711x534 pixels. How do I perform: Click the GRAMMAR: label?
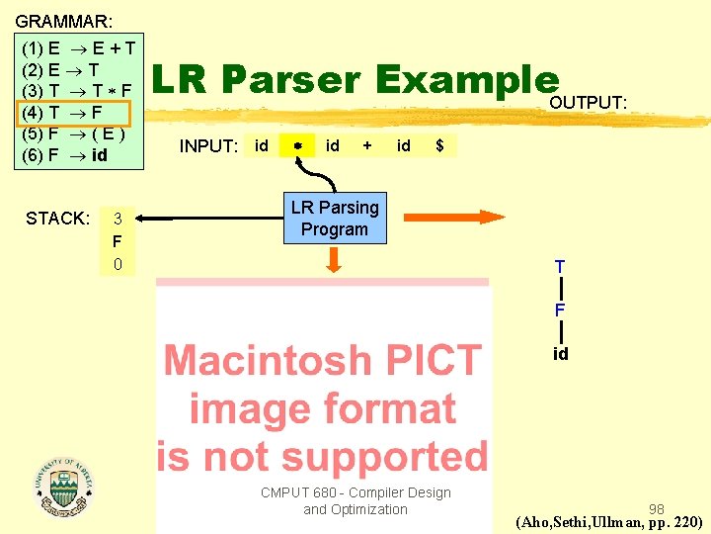tap(64, 20)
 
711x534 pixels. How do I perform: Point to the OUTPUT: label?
tap(589, 103)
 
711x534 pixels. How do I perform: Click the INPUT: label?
tap(208, 146)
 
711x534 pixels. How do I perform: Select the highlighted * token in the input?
tap(296, 146)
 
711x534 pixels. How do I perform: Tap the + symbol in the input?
tap(367, 145)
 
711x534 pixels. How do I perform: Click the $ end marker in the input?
tap(439, 145)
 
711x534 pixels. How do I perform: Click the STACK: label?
tap(58, 218)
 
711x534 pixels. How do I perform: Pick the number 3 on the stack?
tap(118, 218)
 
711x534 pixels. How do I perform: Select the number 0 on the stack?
tap(118, 264)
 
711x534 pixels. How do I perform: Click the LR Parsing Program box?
tap(334, 219)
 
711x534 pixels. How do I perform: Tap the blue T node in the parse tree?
tap(560, 267)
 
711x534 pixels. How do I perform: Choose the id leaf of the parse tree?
tap(560, 353)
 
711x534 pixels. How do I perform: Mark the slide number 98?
tap(657, 508)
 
